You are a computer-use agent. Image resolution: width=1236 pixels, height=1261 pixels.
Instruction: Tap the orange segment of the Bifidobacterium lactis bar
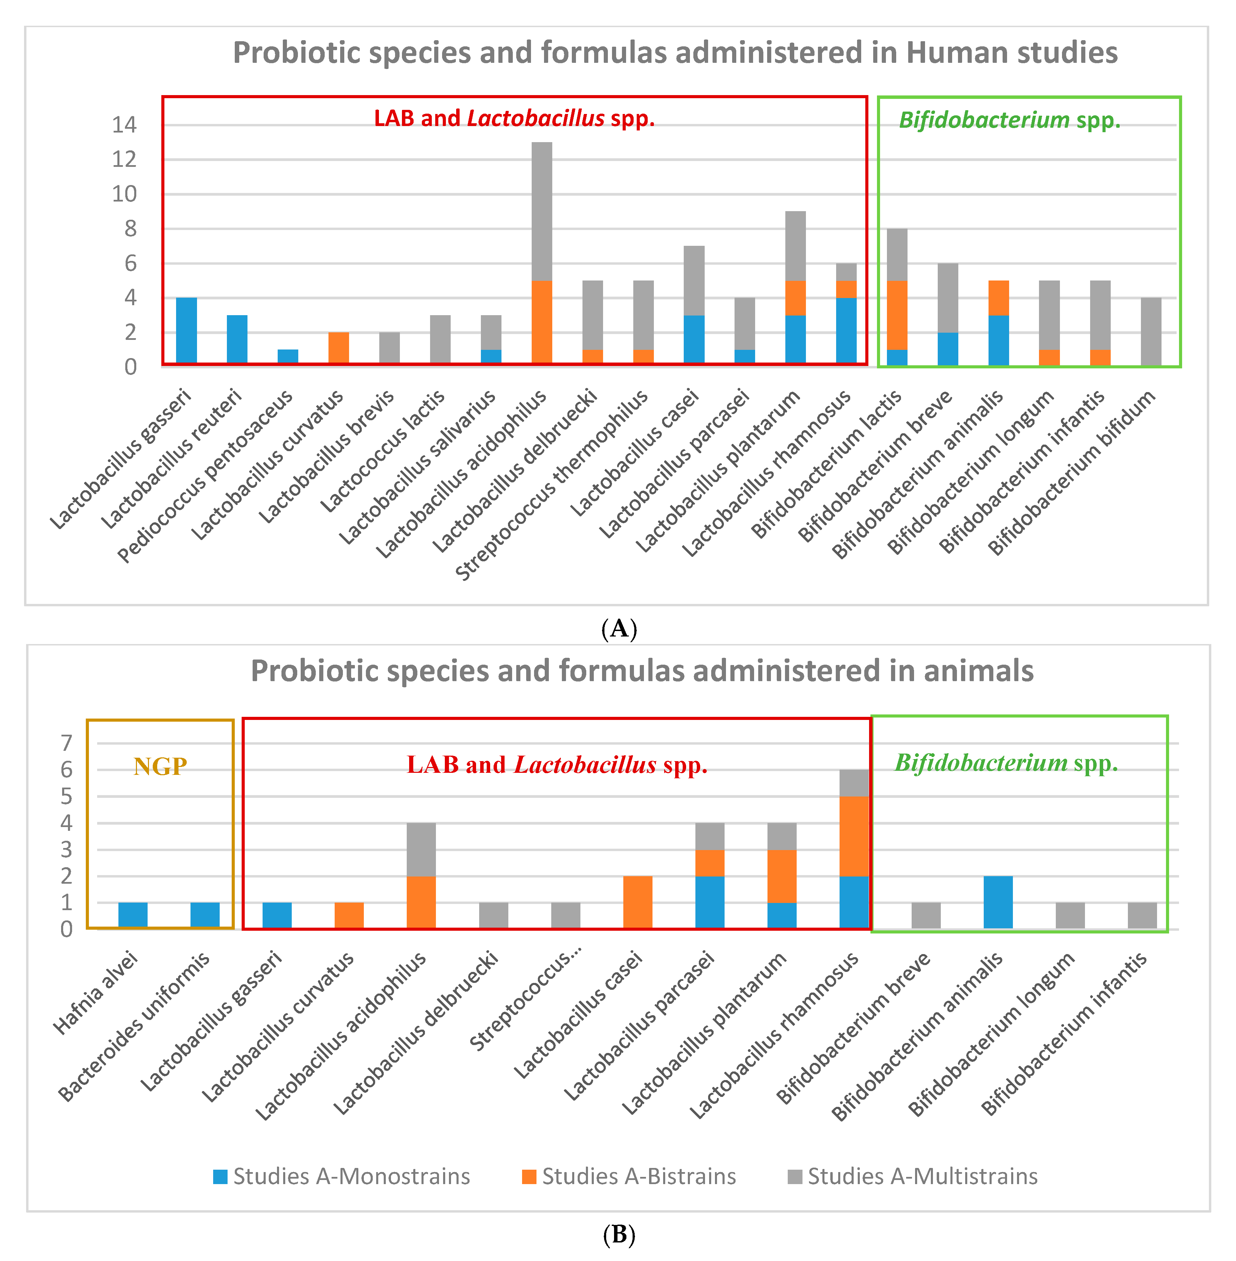click(x=897, y=315)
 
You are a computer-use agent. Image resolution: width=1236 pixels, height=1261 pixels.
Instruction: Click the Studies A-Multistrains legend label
click(x=922, y=1176)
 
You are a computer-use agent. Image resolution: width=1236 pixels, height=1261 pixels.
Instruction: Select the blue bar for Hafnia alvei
click(x=133, y=915)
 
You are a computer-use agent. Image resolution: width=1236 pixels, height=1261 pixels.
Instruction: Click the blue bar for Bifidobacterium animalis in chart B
click(x=998, y=902)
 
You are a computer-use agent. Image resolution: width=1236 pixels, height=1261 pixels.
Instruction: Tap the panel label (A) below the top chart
click(x=619, y=629)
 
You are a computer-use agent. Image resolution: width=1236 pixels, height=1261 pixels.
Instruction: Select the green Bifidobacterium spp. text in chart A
click(x=1009, y=120)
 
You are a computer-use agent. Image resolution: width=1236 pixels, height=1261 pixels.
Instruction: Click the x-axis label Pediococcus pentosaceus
click(x=206, y=477)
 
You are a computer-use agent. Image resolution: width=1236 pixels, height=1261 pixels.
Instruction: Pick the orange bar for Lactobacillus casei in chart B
click(x=637, y=902)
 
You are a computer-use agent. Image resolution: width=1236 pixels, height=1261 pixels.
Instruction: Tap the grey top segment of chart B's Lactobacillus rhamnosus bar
click(x=854, y=782)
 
